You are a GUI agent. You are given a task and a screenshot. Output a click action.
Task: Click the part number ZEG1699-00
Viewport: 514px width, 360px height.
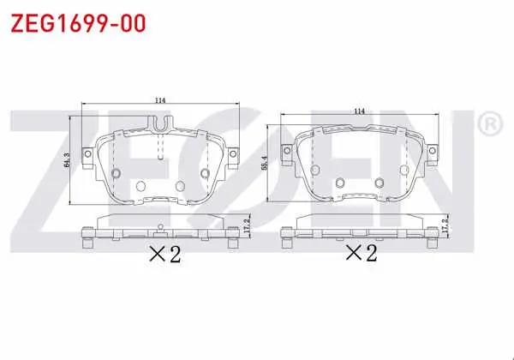(x=78, y=23)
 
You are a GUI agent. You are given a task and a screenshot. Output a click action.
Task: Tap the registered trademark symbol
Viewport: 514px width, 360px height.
(x=490, y=124)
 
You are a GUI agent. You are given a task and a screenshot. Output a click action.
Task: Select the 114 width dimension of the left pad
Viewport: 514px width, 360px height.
(x=160, y=100)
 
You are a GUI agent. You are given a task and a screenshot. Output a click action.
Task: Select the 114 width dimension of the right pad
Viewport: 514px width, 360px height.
(x=359, y=111)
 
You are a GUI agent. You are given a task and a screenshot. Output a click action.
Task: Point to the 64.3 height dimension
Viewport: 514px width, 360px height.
(x=67, y=160)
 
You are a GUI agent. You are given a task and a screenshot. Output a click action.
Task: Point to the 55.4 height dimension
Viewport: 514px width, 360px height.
(x=265, y=163)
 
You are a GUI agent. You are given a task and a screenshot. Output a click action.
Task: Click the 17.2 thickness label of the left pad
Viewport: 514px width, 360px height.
(x=247, y=225)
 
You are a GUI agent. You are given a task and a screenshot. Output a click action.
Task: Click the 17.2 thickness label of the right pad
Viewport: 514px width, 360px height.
(x=445, y=226)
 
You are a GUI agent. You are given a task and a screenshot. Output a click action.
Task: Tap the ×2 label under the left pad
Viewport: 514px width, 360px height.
(x=164, y=254)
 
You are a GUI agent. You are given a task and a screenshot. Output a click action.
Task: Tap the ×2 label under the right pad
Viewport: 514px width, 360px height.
(x=362, y=254)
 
